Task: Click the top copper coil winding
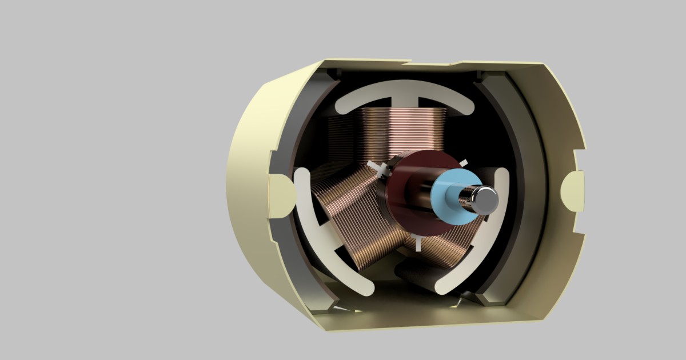click(x=400, y=131)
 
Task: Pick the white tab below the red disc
click(x=419, y=243)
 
